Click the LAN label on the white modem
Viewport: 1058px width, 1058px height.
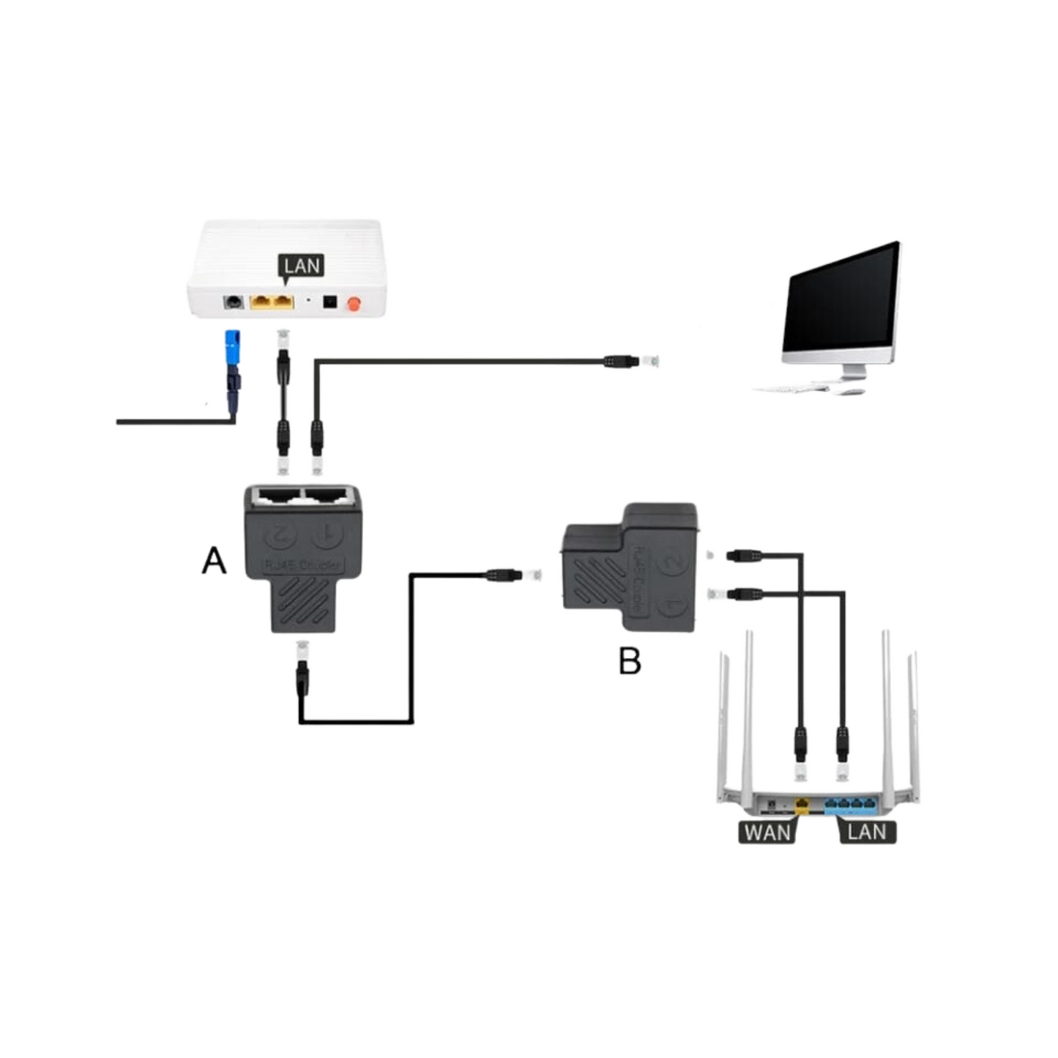[302, 266]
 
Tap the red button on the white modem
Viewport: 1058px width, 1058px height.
[355, 303]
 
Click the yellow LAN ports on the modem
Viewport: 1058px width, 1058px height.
[272, 302]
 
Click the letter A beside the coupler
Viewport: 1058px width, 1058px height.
[214, 562]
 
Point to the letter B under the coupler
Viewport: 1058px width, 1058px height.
[630, 660]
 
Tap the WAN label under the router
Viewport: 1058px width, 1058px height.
[767, 832]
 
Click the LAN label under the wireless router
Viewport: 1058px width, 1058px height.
[867, 832]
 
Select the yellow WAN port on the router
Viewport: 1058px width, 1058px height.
[802, 805]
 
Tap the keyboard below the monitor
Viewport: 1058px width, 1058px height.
[791, 387]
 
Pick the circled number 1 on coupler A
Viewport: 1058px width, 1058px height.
[327, 534]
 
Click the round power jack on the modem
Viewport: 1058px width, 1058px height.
[234, 302]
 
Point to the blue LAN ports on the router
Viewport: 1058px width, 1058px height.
[849, 805]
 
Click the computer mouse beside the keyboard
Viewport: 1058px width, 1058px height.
[849, 392]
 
